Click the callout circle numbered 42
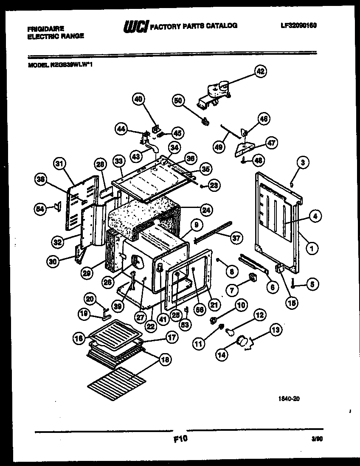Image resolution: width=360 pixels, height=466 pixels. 260,71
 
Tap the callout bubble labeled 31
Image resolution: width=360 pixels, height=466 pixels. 60,163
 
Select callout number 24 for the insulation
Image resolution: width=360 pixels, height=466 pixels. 206,209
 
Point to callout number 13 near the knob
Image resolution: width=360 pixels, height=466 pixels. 276,329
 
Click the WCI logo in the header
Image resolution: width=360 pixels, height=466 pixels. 135,26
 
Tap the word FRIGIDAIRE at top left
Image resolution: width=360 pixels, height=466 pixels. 45,29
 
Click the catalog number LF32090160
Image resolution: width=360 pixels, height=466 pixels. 299,25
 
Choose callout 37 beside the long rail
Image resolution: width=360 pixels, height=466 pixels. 236,239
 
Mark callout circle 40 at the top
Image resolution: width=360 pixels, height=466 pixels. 138,99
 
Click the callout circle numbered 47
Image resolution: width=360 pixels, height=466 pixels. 272,143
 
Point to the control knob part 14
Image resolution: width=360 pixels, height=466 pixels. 243,340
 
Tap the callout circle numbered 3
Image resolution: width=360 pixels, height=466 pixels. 302,162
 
